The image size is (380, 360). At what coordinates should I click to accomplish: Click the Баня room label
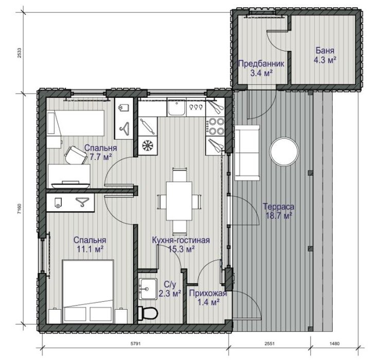pyautogui.click(x=325, y=50)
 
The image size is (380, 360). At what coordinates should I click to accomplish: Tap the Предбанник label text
pyautogui.click(x=261, y=64)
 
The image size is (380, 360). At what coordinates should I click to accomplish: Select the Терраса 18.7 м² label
pyautogui.click(x=279, y=211)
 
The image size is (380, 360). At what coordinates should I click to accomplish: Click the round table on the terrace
pyautogui.click(x=284, y=152)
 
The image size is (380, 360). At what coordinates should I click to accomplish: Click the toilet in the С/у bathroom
pyautogui.click(x=147, y=313)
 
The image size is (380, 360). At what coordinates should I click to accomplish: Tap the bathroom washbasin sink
pyautogui.click(x=148, y=289)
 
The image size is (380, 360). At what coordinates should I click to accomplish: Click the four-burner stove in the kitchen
pyautogui.click(x=215, y=127)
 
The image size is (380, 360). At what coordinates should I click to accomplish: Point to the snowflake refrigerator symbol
pyautogui.click(x=148, y=146)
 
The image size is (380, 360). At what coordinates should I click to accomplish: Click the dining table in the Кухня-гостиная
pyautogui.click(x=179, y=201)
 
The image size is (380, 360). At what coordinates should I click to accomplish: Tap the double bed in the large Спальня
pyautogui.click(x=89, y=292)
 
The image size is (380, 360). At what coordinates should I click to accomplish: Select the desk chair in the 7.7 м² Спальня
pyautogui.click(x=76, y=155)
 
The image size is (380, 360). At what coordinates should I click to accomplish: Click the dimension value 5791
pyautogui.click(x=135, y=344)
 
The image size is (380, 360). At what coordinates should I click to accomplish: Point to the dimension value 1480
pyautogui.click(x=335, y=344)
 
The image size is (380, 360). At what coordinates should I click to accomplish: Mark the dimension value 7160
pyautogui.click(x=20, y=209)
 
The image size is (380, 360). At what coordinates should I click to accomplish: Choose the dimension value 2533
pyautogui.click(x=20, y=53)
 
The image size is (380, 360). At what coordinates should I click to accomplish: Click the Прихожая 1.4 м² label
pyautogui.click(x=208, y=298)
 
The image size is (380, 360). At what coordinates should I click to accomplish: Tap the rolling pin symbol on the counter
pyautogui.click(x=148, y=126)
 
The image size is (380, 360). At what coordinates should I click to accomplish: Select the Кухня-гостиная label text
pyautogui.click(x=181, y=240)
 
